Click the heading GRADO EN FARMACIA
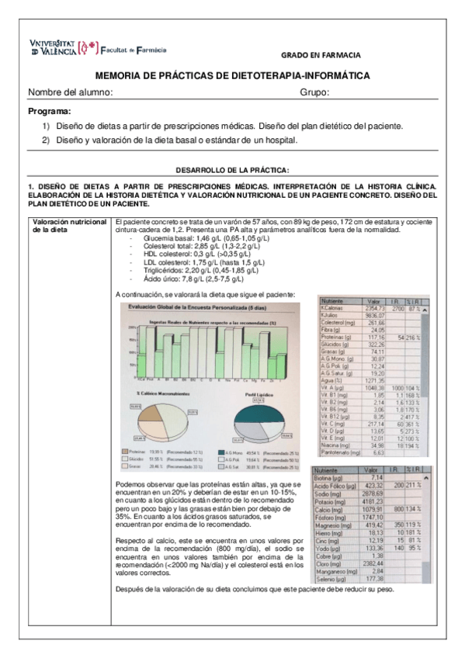tap(321, 56)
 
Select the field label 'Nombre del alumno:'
tap(71, 93)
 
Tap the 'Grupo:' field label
tap(315, 93)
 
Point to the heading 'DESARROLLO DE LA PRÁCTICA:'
tap(233, 169)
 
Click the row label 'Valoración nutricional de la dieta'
tap(69, 225)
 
